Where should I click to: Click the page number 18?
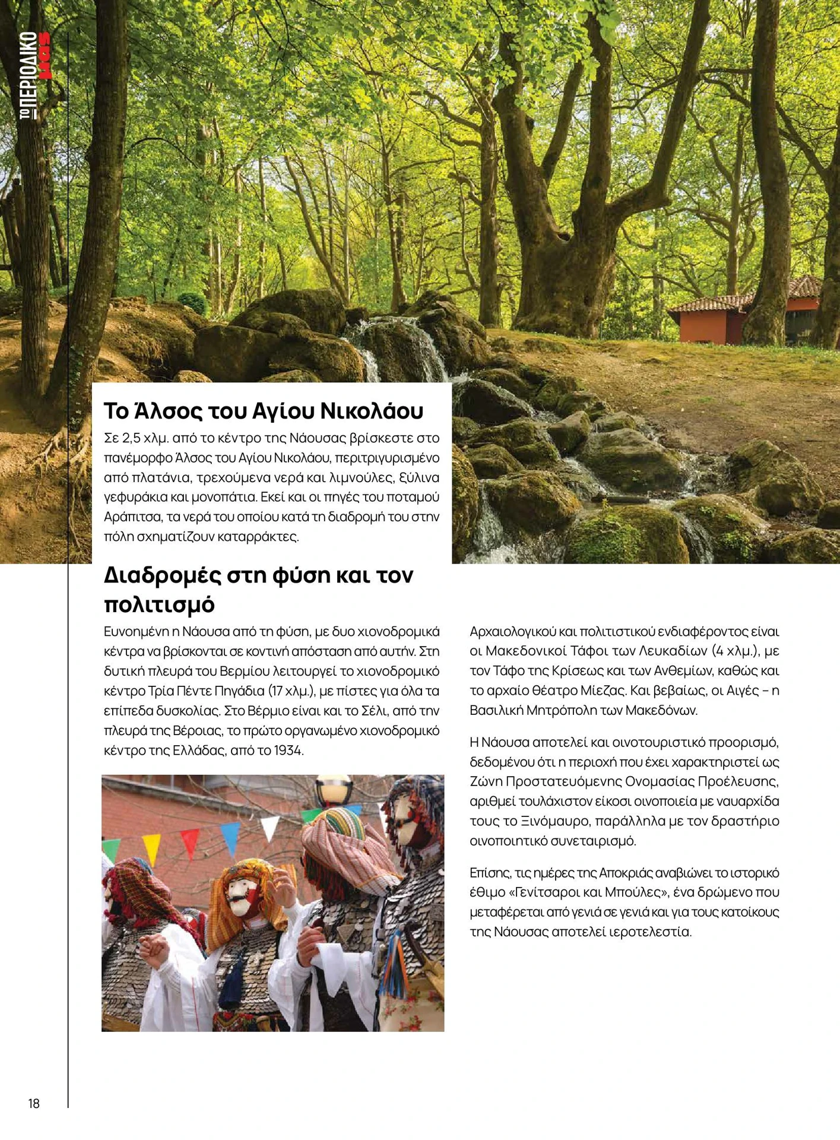[x=34, y=1103]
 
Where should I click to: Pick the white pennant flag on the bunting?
[x=270, y=827]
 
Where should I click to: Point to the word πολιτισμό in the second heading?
[x=159, y=604]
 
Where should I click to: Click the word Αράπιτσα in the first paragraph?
[x=127, y=517]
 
